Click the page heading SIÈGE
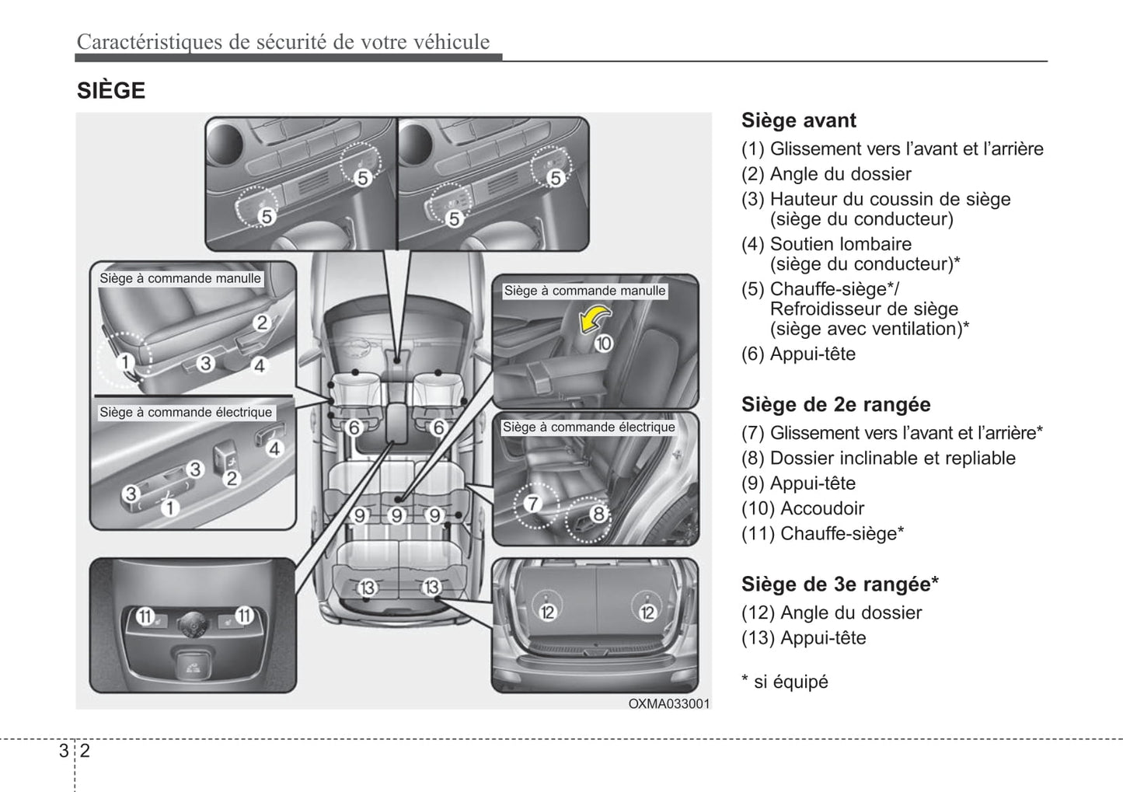click(111, 91)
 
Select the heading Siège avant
click(798, 120)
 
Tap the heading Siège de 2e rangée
click(835, 405)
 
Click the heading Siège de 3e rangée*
click(839, 584)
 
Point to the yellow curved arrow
click(596, 318)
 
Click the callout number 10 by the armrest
click(603, 343)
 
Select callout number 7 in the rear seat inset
click(532, 504)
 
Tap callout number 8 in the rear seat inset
click(598, 514)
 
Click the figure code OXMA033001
click(669, 703)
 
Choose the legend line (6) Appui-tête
click(798, 354)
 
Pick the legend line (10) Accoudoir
click(803, 508)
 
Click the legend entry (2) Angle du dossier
click(826, 174)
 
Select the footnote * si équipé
click(785, 682)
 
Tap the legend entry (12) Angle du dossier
click(832, 612)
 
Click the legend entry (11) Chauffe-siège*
click(822, 533)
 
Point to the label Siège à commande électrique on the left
click(186, 413)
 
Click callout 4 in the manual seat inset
click(260, 365)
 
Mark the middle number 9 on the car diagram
click(396, 515)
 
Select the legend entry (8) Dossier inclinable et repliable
click(878, 458)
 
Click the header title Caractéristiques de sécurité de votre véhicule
click(284, 42)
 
